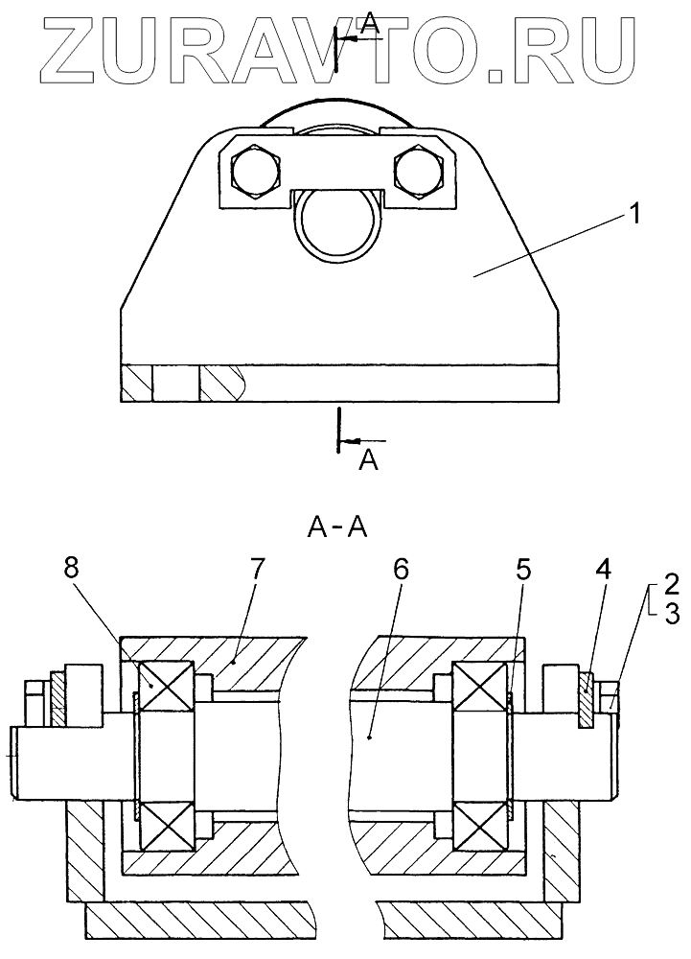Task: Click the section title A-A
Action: [338, 526]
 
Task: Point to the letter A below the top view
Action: [367, 460]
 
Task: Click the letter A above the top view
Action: [370, 26]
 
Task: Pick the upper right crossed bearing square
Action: [480, 692]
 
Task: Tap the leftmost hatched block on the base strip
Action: [136, 385]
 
